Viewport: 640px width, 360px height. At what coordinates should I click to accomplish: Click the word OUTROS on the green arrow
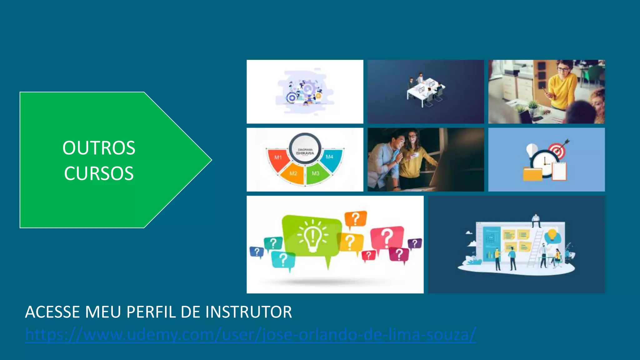click(99, 148)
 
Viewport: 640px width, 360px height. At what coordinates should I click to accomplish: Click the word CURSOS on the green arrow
click(99, 173)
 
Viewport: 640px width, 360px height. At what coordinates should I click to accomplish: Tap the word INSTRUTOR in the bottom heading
click(249, 312)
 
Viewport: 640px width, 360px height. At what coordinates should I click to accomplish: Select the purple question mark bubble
click(415, 243)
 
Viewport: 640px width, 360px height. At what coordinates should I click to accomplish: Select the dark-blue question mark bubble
click(257, 252)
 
